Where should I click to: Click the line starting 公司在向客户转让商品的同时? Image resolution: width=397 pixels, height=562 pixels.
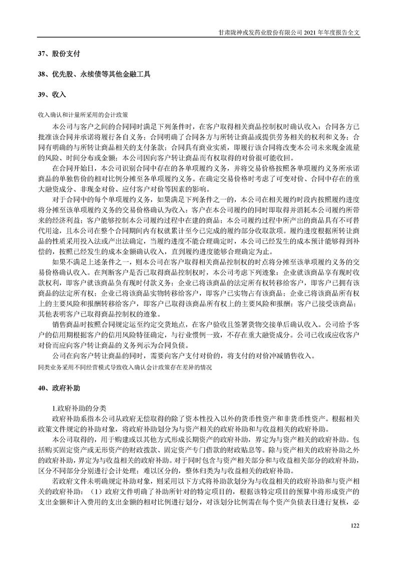(x=184, y=357)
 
